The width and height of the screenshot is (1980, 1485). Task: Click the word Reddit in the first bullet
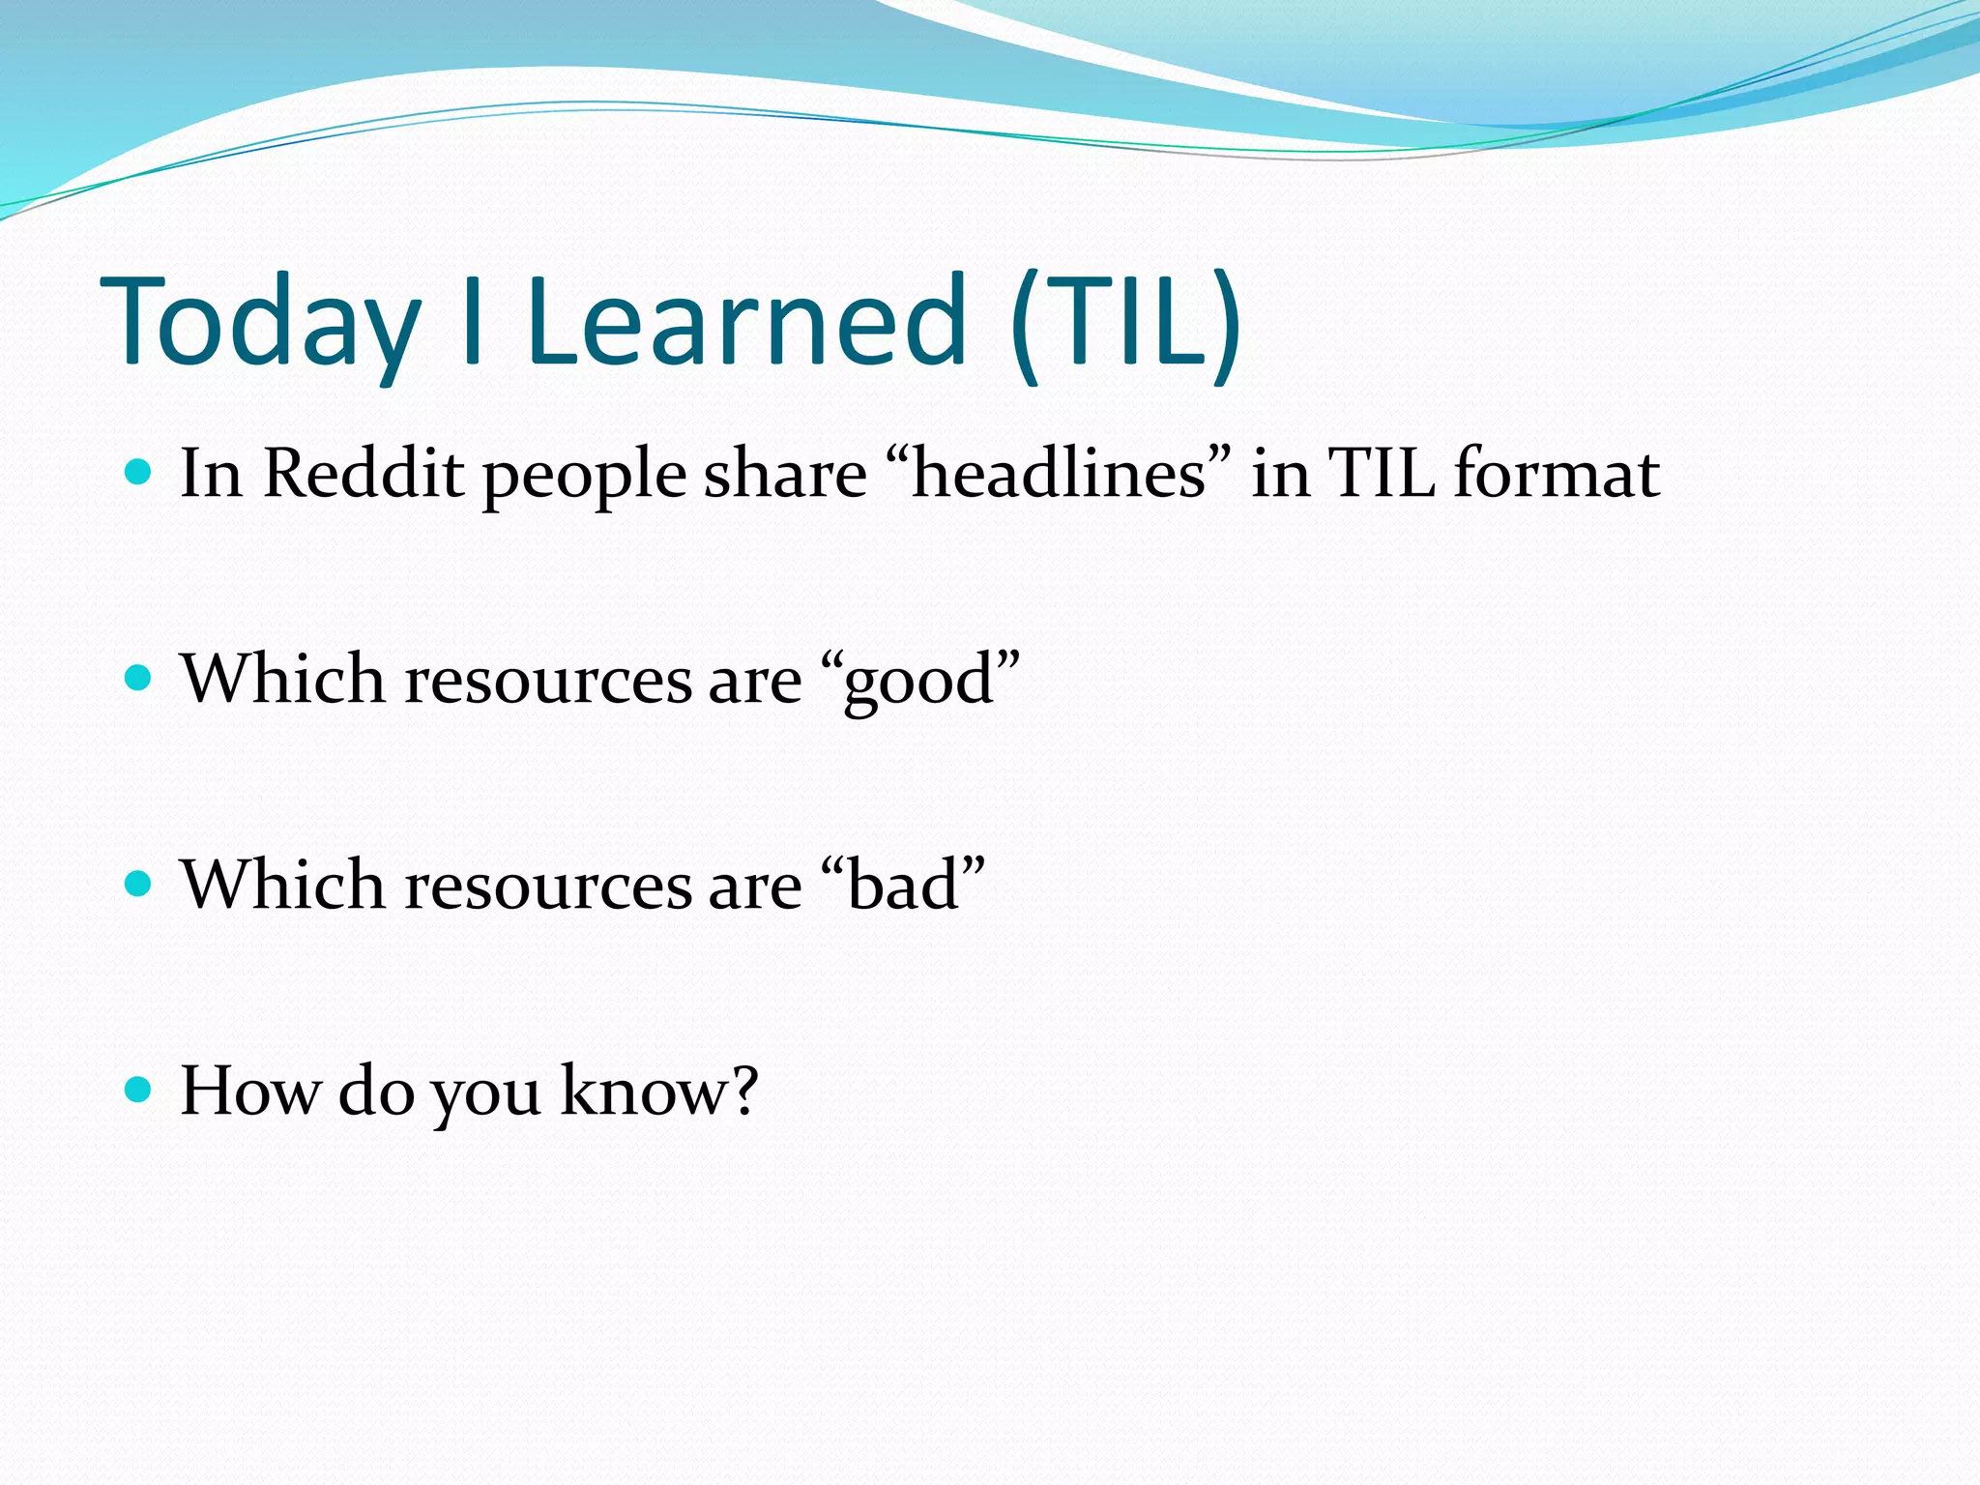coord(364,474)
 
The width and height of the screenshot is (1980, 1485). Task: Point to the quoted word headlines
coord(1059,474)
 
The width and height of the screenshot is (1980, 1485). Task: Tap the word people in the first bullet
coord(585,478)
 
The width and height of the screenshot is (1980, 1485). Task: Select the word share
coord(785,474)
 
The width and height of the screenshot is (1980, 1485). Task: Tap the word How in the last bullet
coord(249,1091)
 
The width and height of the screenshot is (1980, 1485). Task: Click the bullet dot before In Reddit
coord(139,472)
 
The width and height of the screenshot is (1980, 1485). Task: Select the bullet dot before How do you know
coord(139,1090)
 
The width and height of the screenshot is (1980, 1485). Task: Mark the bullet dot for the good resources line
coord(139,678)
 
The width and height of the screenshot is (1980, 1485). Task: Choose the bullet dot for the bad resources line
coord(139,884)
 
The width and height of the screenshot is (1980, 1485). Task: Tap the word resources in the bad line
coord(547,886)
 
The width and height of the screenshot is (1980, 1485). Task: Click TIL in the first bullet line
coord(1382,474)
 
